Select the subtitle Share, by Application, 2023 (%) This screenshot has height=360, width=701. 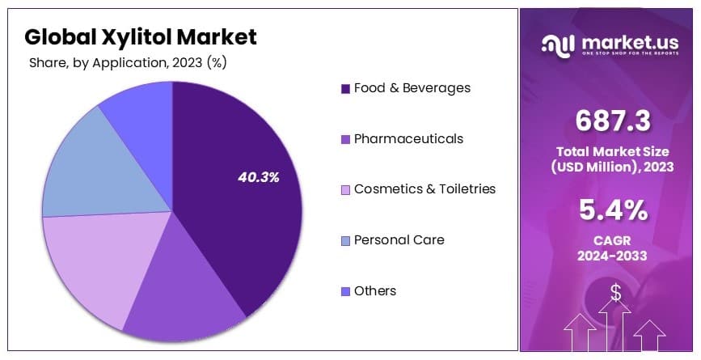[x=127, y=62]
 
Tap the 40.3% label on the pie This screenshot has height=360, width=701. [x=259, y=177]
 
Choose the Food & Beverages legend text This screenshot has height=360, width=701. [x=412, y=87]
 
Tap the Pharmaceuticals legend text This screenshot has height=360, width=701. [x=408, y=138]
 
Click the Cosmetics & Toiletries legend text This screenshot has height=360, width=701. [x=424, y=188]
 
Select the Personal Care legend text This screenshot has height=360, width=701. [x=399, y=239]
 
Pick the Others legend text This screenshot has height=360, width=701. [x=375, y=290]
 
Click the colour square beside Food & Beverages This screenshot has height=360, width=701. [x=346, y=88]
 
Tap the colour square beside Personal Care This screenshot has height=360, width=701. [x=346, y=240]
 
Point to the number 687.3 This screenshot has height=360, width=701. [x=613, y=121]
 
